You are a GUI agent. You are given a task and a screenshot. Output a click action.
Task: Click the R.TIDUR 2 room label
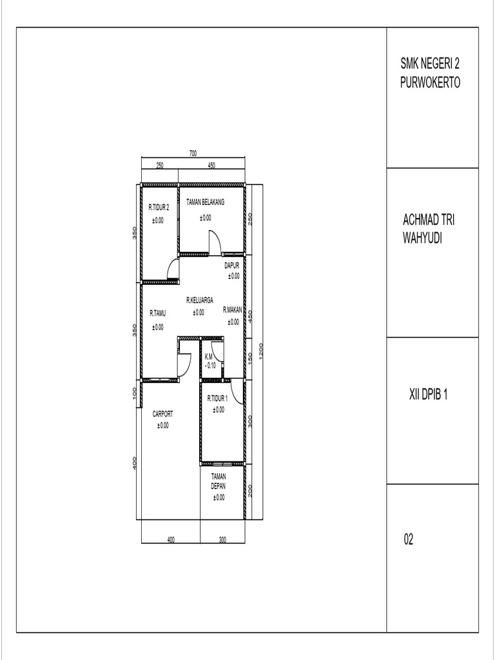(x=159, y=208)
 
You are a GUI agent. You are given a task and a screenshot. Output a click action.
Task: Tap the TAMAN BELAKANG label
(x=206, y=202)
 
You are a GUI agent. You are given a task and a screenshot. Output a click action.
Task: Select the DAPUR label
(x=231, y=266)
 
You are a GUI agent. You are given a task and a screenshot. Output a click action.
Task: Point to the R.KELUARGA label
(x=200, y=300)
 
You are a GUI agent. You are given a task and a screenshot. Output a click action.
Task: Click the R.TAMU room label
(x=158, y=313)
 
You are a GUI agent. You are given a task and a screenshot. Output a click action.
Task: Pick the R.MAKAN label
(x=233, y=310)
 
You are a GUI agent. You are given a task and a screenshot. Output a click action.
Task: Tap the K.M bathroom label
(x=209, y=356)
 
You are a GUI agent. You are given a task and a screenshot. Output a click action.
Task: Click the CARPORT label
(x=162, y=414)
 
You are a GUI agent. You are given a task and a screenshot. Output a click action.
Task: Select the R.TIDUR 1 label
(x=218, y=398)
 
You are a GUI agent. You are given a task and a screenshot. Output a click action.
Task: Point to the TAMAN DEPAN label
(x=218, y=481)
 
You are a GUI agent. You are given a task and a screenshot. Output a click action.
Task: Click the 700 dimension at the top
(x=193, y=153)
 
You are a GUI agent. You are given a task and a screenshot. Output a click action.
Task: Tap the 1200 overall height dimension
(x=261, y=351)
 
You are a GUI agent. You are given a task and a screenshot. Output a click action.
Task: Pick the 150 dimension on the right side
(x=250, y=358)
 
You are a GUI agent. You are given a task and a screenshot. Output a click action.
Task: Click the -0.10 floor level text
(x=211, y=366)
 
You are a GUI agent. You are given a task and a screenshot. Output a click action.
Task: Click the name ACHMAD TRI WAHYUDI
(x=429, y=229)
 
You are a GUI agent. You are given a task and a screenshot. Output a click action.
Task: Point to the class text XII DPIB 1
(x=428, y=395)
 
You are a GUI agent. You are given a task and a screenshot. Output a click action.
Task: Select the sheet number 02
(x=408, y=539)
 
